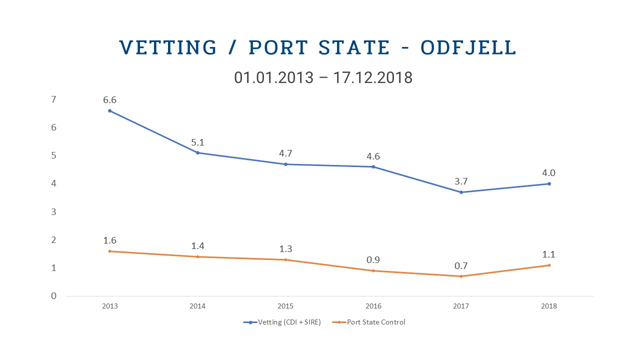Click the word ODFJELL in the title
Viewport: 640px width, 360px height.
[468, 47]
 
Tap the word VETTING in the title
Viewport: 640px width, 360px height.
[168, 47]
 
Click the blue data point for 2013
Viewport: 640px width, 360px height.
[109, 110]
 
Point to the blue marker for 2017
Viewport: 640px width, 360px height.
[461, 192]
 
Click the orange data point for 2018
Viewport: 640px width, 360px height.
[549, 265]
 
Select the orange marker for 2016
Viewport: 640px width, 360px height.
[373, 270]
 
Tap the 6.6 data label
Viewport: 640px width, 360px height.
[109, 100]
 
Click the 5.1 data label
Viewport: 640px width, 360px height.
[197, 142]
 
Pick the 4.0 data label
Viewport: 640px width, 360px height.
[549, 173]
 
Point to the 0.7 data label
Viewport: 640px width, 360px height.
[461, 265]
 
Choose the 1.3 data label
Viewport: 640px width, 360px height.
[285, 249]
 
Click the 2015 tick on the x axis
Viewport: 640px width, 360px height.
[285, 306]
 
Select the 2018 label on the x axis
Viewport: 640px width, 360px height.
[549, 306]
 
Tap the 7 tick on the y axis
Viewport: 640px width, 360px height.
[53, 99]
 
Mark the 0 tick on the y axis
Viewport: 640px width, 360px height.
[53, 296]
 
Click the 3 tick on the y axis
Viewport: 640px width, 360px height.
[53, 212]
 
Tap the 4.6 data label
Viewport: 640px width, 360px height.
[373, 156]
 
